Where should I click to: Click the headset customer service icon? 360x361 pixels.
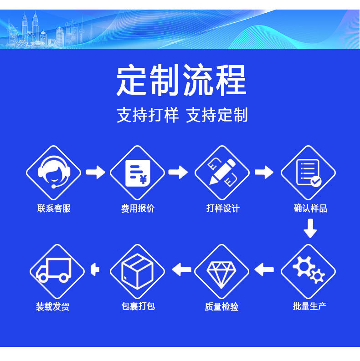pos(53,173)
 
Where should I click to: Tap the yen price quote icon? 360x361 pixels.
pos(137,173)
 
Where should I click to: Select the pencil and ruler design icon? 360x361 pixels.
pos(222,173)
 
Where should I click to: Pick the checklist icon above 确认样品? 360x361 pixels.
pos(308,173)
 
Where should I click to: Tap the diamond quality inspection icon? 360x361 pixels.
pos(221,271)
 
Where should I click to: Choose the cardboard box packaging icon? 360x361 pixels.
pos(137,271)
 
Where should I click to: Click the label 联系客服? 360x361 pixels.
pos(54,209)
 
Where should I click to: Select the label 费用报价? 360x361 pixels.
pos(138,209)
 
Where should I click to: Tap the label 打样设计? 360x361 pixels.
pos(222,209)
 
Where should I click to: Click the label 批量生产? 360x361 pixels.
pos(309,306)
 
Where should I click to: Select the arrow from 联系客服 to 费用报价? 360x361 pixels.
pos(95,173)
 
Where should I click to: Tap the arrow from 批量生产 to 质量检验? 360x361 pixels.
pos(264,270)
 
